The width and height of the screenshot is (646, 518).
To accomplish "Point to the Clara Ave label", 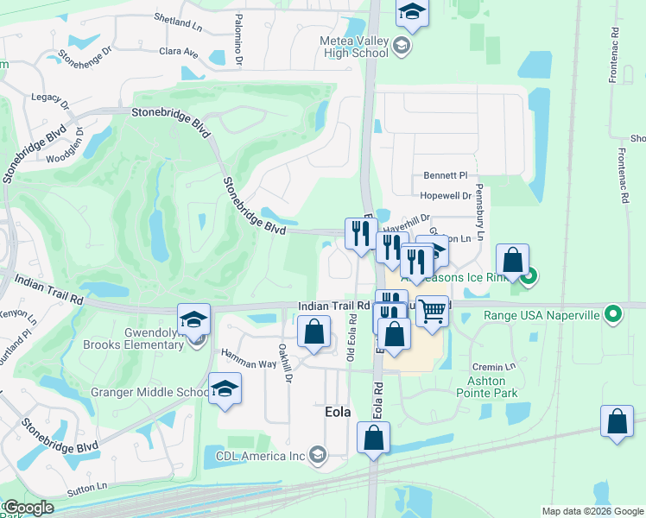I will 179,53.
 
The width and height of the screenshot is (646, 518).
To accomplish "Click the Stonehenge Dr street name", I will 86,57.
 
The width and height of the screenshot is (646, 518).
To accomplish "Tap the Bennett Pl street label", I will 444,174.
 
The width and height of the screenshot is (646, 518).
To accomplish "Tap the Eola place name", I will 337,413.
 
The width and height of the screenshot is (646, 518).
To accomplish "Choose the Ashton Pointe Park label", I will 492,387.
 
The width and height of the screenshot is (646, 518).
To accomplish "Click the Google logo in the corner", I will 28,508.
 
